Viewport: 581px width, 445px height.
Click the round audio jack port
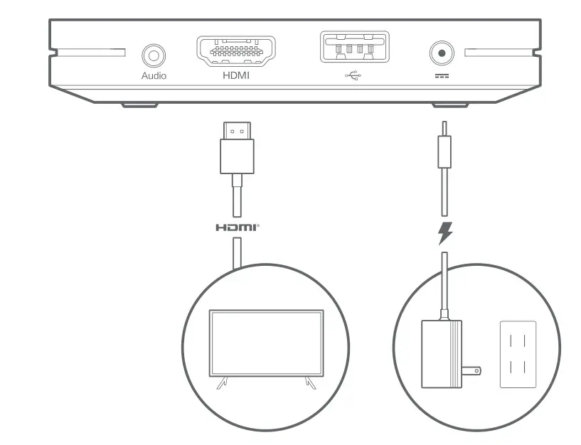pos(153,54)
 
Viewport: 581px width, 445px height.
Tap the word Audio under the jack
pos(154,75)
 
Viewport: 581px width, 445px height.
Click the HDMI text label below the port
pos(236,75)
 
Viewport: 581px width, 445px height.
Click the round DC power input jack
pos(442,53)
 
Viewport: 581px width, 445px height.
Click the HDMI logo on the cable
pos(237,227)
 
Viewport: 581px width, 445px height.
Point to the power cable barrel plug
pos(444,149)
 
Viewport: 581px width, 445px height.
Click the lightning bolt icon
pos(445,233)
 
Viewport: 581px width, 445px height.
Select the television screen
pos(265,343)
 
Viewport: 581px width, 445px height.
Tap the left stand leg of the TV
pos(222,383)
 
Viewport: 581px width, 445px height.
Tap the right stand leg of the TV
pos(309,383)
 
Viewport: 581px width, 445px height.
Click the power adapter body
pos(442,353)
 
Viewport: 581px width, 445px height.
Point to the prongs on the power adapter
pos(471,370)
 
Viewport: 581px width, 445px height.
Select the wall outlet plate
pos(517,353)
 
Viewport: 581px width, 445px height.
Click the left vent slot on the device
pos(87,53)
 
